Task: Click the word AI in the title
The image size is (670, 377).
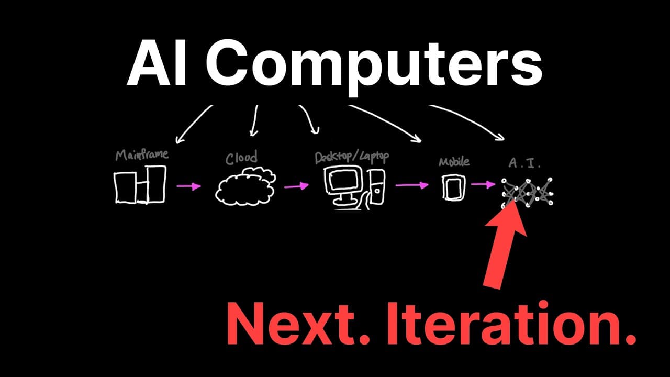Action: pos(158,63)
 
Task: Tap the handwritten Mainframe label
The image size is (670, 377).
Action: pos(142,154)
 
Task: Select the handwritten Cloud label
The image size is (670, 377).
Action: pos(241,158)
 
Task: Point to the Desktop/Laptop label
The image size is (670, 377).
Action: pos(352,157)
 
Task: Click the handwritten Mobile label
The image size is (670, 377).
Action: pos(454,162)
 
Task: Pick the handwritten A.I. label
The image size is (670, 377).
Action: pos(524,163)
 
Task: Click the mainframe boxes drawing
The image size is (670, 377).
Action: pos(140,185)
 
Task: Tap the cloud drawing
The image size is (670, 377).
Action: pos(245,186)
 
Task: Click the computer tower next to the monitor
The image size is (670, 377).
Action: pos(377,187)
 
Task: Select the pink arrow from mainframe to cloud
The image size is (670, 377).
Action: pos(189,186)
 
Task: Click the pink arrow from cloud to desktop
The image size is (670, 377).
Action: pos(296,186)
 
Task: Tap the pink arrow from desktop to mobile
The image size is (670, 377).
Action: pos(412,185)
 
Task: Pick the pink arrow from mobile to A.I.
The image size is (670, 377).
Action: pos(483,184)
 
